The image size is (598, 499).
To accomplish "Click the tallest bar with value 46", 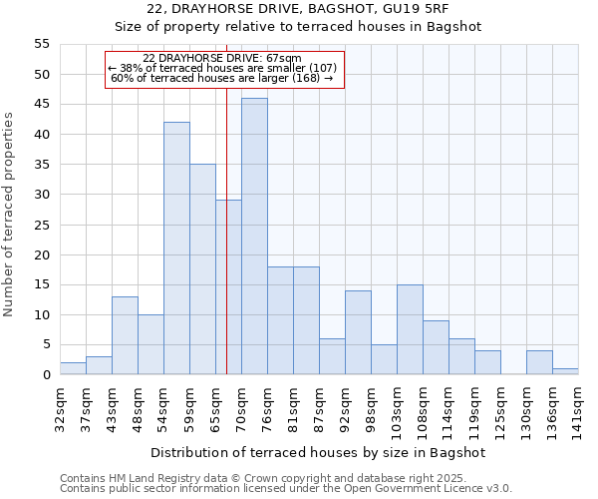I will [254, 237].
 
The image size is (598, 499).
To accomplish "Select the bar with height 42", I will [176, 249].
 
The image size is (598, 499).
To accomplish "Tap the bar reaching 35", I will [202, 269].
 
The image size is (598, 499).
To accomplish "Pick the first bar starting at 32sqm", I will [73, 368].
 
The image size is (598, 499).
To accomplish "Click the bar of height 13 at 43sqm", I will [125, 335].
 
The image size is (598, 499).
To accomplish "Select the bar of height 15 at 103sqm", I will [410, 329].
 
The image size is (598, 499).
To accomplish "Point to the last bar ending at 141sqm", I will [565, 371].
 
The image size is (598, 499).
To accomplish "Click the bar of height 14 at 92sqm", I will [358, 332].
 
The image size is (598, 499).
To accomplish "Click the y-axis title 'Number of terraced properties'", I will [10, 215].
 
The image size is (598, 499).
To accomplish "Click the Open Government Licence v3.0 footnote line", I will [286, 488].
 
